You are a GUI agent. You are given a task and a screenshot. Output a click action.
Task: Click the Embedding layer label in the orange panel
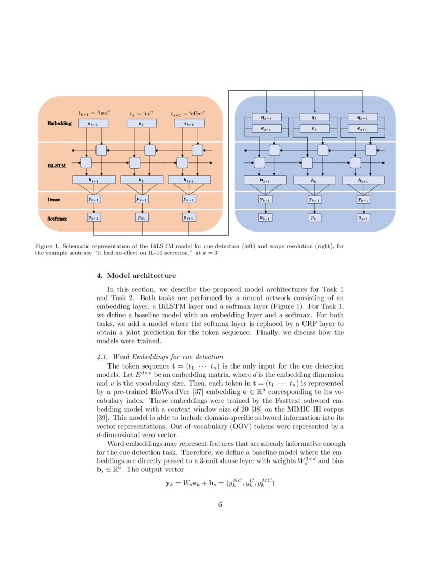(59, 124)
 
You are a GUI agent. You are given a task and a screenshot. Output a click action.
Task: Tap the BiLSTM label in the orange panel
(57, 166)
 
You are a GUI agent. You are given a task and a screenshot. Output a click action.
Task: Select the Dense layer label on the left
(54, 199)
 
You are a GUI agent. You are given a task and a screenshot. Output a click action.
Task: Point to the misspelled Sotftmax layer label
(57, 219)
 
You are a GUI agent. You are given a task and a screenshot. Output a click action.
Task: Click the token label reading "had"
(95, 113)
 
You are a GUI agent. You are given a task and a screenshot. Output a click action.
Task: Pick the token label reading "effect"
(189, 113)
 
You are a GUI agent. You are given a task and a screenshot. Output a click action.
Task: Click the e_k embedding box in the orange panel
(141, 124)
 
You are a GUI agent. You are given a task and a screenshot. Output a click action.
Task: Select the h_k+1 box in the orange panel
(189, 180)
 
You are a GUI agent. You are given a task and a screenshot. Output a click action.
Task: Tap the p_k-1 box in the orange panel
(94, 218)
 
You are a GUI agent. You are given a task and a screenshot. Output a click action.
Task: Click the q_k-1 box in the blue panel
(266, 118)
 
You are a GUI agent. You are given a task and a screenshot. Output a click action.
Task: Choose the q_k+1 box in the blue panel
(363, 118)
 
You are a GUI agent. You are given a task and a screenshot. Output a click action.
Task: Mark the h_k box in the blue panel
(314, 180)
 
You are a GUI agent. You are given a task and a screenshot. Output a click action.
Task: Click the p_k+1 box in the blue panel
(363, 218)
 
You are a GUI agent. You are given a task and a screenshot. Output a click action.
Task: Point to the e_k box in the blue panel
(314, 128)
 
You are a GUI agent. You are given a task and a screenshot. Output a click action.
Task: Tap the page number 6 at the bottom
(220, 505)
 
